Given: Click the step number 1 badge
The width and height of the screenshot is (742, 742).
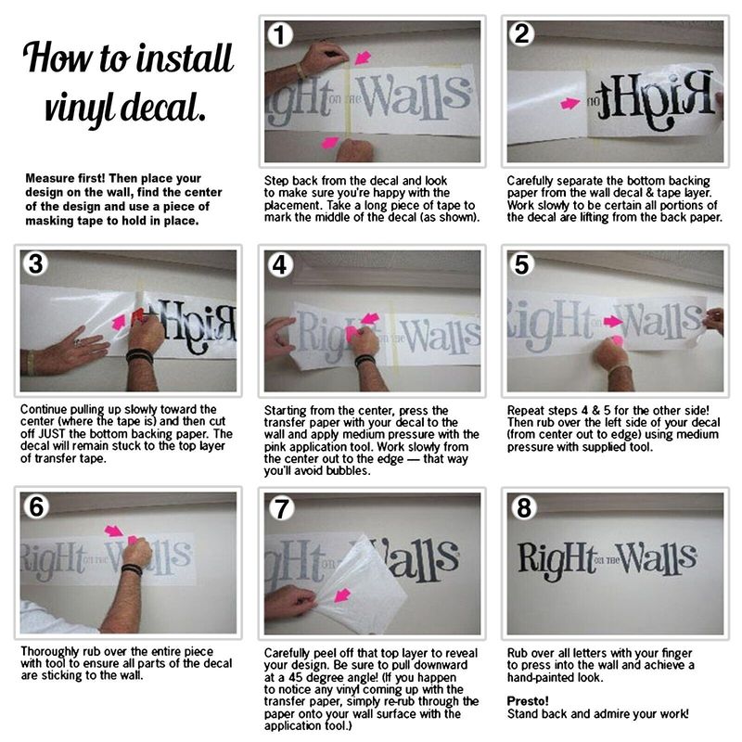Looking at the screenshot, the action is tap(280, 35).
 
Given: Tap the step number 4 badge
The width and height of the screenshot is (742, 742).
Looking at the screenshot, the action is tap(280, 264).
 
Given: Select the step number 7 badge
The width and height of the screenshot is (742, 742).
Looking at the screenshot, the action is tap(282, 508).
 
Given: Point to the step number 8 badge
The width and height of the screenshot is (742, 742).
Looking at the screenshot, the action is tap(524, 508).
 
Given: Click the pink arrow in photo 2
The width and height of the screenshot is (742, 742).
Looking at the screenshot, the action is tap(569, 103).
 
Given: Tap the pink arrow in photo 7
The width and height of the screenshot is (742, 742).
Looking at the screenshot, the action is tap(342, 595).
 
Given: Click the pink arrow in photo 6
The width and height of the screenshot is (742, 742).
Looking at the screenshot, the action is tap(113, 531).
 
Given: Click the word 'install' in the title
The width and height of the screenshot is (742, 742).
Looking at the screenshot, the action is tap(185, 58).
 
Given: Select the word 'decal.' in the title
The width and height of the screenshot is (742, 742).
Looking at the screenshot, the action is tap(163, 108).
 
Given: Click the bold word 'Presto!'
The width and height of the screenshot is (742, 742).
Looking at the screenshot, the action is tap(528, 701).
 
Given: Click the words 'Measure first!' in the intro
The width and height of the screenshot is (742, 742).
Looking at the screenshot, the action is tap(65, 178).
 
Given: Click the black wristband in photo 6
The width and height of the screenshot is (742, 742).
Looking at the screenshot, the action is tap(131, 569).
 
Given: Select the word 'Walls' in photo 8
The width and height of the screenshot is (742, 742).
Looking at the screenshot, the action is tap(656, 559).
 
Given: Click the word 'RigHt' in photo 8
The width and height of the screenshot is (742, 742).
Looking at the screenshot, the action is tap(556, 561).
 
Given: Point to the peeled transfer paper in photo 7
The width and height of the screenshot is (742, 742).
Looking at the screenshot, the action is tap(361, 587).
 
